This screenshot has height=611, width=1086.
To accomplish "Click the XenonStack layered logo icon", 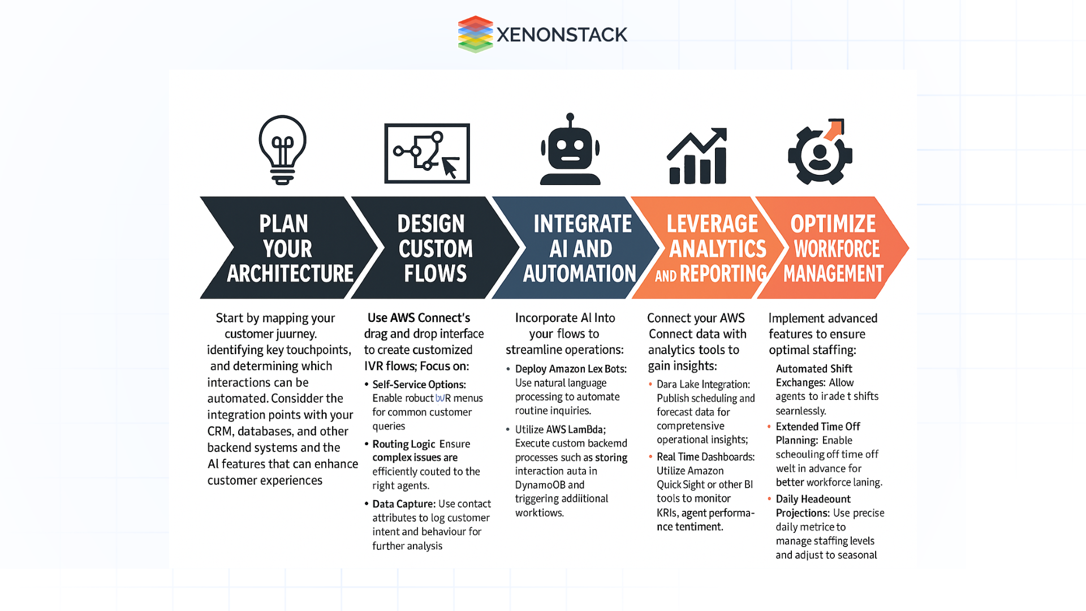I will click(x=475, y=34).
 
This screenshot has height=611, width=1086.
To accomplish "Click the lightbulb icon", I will click(x=282, y=150).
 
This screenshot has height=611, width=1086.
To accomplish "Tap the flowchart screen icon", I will click(x=427, y=153).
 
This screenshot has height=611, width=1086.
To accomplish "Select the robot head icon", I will click(x=570, y=150).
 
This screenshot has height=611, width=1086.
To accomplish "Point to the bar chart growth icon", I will click(x=697, y=157).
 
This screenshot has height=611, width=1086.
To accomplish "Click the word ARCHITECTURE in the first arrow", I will click(x=290, y=274).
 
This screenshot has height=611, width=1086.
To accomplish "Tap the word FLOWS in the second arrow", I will click(x=435, y=274).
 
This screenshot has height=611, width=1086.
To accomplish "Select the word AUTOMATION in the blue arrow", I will click(x=580, y=274).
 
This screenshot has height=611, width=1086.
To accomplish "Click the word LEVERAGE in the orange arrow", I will click(x=712, y=224).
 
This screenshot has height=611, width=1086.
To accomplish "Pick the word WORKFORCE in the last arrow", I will click(x=837, y=249).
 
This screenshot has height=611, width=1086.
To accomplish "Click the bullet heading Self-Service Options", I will click(x=419, y=385).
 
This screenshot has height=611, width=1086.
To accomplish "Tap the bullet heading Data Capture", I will click(x=403, y=504).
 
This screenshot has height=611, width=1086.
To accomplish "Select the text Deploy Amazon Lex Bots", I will click(x=570, y=369).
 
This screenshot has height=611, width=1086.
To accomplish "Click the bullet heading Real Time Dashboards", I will click(x=705, y=457).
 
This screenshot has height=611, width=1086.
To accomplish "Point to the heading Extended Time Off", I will click(x=817, y=427).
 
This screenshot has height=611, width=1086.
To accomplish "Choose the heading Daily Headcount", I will click(x=813, y=499).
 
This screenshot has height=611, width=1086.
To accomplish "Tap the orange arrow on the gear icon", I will click(x=834, y=128).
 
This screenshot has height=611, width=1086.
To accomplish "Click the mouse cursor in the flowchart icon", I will click(x=450, y=168).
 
